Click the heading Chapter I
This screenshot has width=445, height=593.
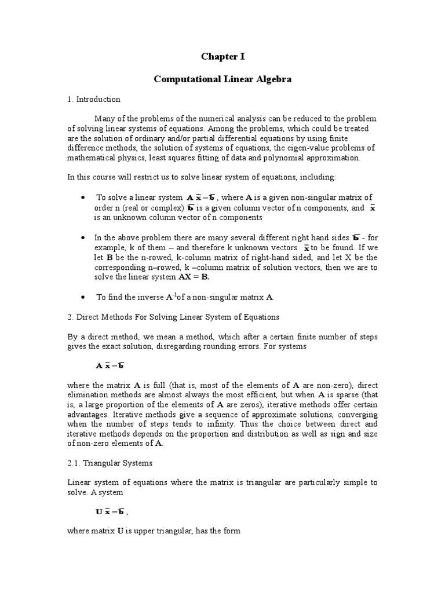click(x=222, y=56)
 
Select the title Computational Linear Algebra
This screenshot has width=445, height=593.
click(x=222, y=79)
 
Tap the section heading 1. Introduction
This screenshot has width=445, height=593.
click(x=93, y=100)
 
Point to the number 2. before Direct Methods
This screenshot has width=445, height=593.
click(x=70, y=317)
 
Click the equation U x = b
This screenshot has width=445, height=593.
click(x=110, y=512)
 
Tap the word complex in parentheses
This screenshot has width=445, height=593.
click(x=163, y=208)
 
